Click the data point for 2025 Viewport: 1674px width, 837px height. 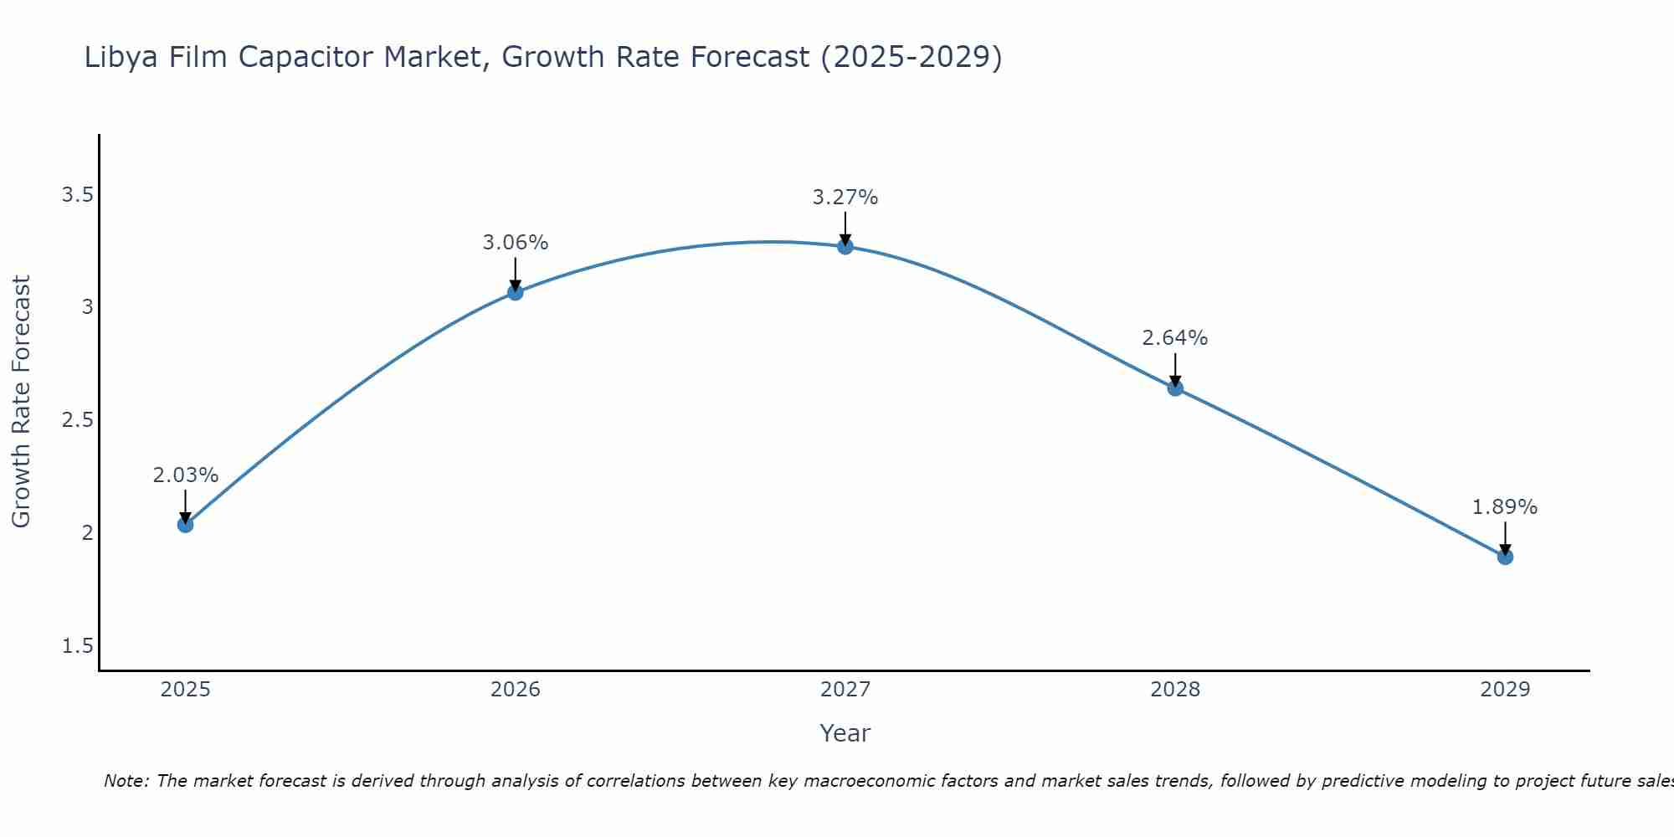pos(185,525)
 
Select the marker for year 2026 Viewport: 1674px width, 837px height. pos(515,292)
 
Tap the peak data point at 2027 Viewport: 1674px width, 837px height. pos(845,246)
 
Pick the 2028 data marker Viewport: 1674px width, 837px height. pos(1175,388)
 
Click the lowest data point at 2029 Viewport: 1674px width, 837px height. pos(1505,557)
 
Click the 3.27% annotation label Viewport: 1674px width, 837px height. pos(845,198)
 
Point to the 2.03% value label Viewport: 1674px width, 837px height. pos(185,475)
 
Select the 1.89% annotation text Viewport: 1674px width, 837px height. pos(1504,507)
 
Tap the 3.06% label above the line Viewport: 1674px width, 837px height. pos(515,243)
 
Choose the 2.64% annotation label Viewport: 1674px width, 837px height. pos(1174,338)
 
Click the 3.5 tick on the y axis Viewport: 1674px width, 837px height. pos(77,195)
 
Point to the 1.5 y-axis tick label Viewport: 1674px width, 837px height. pos(77,646)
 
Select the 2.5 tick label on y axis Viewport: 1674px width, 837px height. pos(77,420)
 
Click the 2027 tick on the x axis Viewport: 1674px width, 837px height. pos(845,690)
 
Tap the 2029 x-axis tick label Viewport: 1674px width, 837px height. pos(1504,690)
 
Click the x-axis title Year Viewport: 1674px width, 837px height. pos(845,733)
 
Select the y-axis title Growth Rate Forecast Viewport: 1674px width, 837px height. pos(21,402)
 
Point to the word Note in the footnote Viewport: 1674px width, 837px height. pos(126,781)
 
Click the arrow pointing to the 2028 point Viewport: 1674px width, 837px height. pos(1175,368)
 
